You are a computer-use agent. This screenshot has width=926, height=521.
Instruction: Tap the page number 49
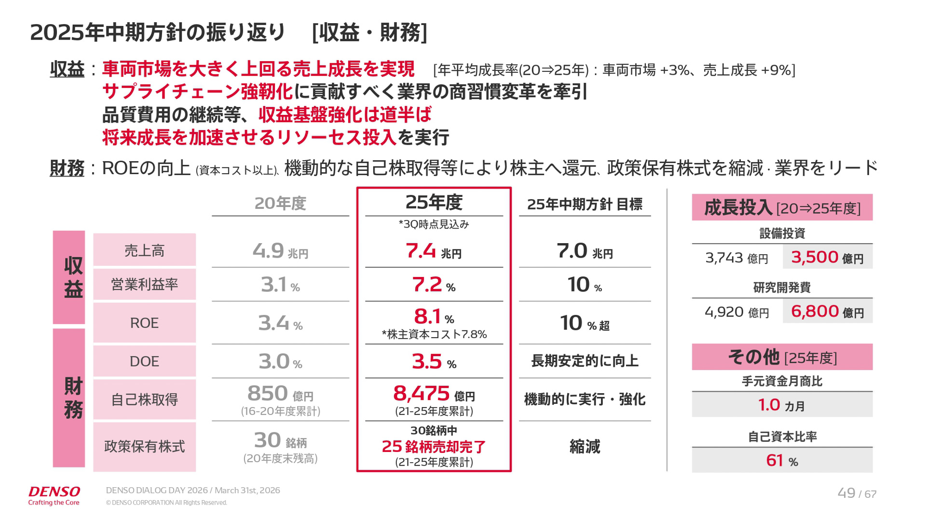point(846,493)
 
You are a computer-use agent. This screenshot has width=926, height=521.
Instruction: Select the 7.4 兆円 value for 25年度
point(433,251)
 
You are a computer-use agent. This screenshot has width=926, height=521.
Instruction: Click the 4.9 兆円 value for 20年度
point(280,251)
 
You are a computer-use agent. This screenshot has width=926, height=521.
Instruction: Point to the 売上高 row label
point(144,250)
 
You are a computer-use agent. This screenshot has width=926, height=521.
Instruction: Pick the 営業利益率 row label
point(144,285)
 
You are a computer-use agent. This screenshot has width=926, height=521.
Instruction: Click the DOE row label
point(144,361)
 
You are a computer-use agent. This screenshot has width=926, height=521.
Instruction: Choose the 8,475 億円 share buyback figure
point(434,394)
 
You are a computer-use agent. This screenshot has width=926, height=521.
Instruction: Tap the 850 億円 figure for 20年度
point(280,394)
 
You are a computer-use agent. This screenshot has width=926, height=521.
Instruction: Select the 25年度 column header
point(434,203)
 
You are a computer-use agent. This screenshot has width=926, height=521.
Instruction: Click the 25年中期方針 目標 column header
point(585,205)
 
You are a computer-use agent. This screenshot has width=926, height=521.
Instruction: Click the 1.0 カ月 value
point(782,405)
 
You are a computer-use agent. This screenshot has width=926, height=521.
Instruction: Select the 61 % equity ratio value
point(782,460)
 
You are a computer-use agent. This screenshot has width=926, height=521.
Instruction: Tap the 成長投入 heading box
point(782,207)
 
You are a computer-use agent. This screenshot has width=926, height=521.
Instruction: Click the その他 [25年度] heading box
point(782,357)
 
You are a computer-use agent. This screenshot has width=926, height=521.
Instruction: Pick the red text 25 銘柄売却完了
point(434,447)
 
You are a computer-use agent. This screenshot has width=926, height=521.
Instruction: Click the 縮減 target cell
point(585,447)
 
